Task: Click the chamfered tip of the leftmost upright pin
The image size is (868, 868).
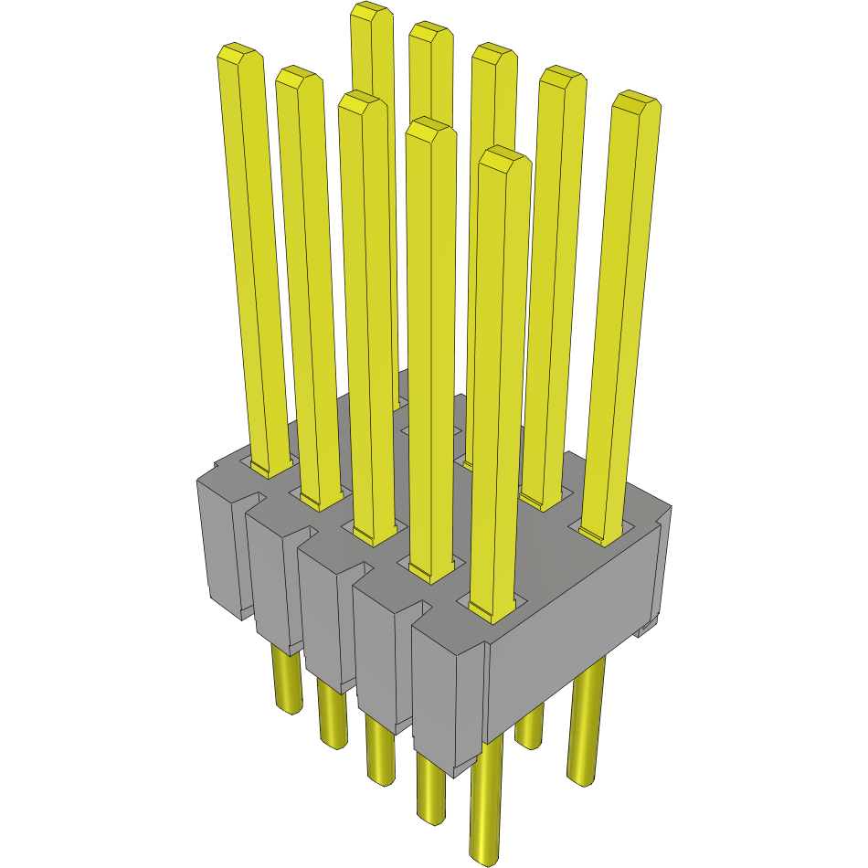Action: pos(239,55)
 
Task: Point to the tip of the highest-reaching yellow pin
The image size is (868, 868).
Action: pos(372,13)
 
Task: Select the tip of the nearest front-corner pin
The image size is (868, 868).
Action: pos(504,160)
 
